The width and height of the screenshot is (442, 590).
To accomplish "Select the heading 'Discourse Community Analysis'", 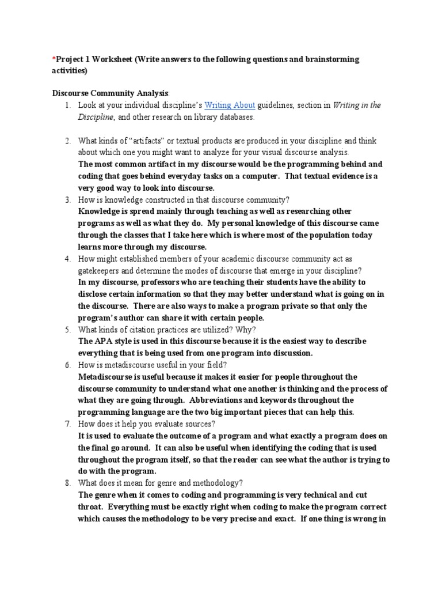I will (x=110, y=93).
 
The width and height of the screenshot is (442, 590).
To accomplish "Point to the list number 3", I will (x=67, y=199).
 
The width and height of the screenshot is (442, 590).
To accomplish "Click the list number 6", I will (x=67, y=364).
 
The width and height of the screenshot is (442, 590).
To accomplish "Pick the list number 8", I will (x=67, y=482).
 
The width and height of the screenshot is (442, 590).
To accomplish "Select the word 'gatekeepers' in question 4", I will (x=101, y=270).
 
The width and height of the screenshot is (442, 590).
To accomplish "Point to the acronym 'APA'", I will (x=104, y=341).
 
